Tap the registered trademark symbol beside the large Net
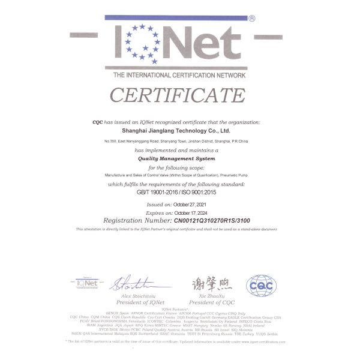(x=251, y=19)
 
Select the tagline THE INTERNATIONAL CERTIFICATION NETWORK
(x=179, y=75)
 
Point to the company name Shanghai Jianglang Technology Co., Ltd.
(x=179, y=130)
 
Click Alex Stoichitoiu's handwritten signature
(x=136, y=283)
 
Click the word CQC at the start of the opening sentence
(x=97, y=122)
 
